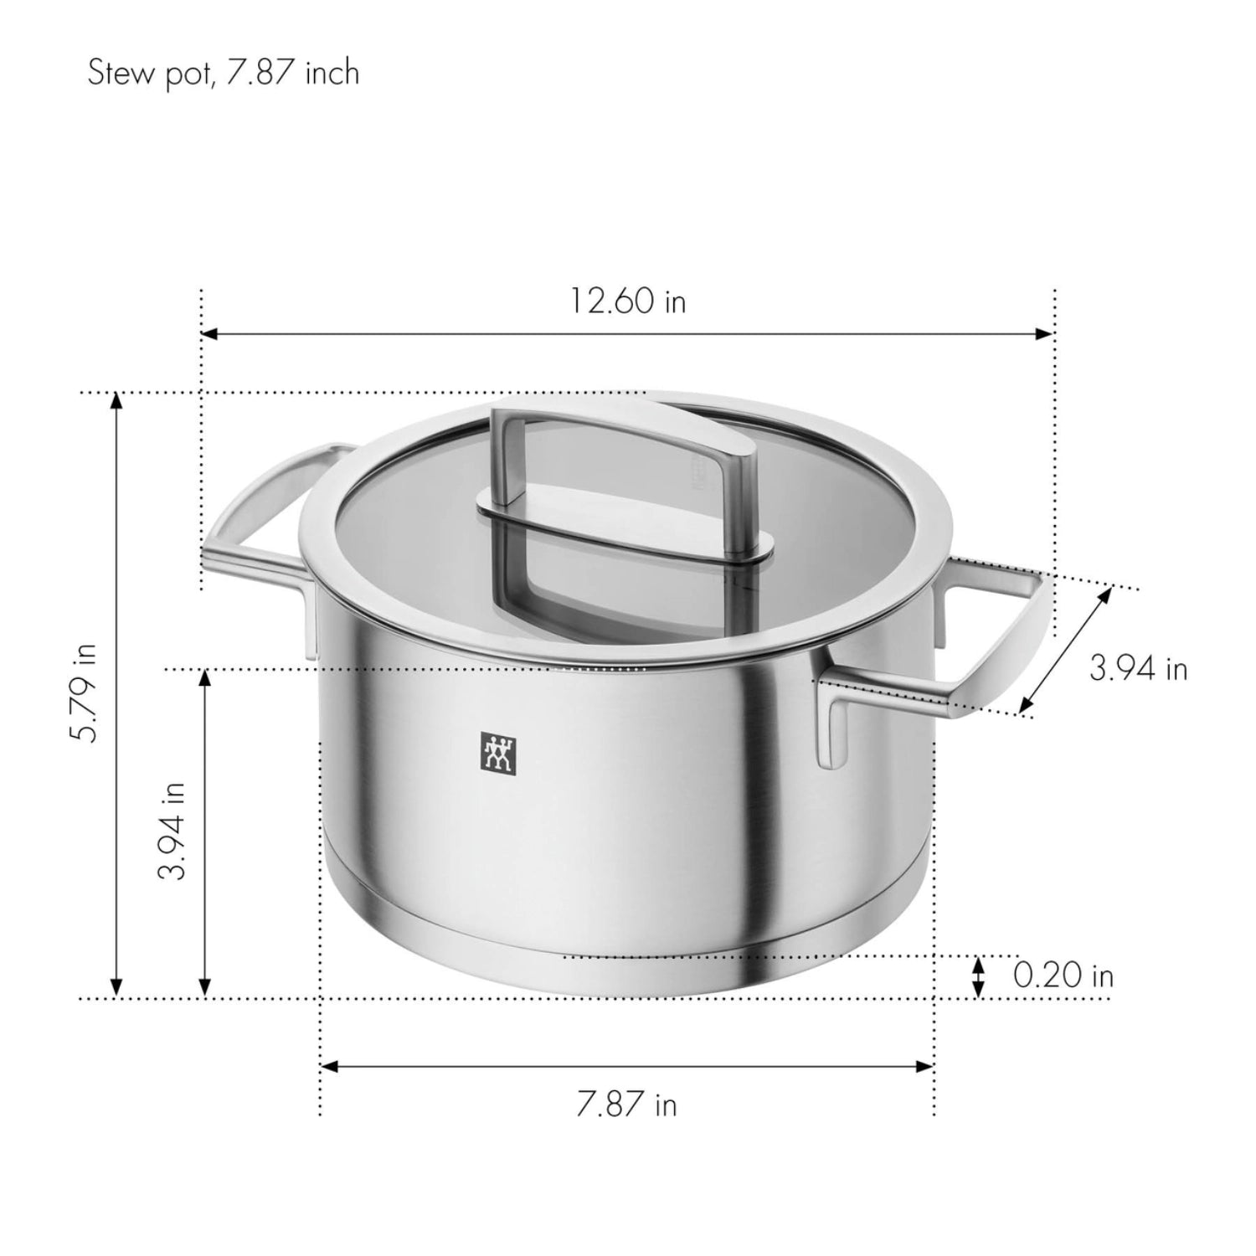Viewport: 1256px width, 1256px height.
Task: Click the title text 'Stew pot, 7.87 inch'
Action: tap(224, 73)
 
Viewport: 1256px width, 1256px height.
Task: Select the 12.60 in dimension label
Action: tap(628, 301)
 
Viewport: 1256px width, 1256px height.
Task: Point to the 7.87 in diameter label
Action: tap(626, 1105)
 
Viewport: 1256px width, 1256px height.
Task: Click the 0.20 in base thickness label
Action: tap(1063, 975)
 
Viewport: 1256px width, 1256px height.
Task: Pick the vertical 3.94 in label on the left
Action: tap(172, 831)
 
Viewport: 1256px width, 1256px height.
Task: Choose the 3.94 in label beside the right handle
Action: tap(1138, 668)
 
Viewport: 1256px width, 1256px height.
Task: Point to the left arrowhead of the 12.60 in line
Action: tap(209, 334)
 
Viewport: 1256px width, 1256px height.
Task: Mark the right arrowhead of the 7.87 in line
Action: tap(925, 1066)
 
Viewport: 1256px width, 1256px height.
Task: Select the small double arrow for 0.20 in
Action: tap(977, 976)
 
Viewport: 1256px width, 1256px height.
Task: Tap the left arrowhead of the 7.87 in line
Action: tap(329, 1066)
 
